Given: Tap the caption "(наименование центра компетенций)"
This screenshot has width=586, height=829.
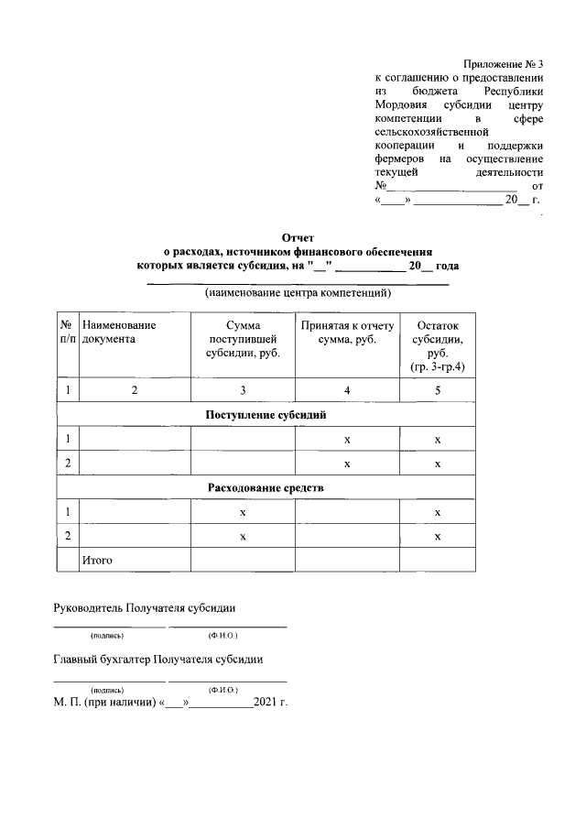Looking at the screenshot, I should point(298,294).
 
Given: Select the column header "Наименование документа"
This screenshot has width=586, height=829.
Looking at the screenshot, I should point(119,332).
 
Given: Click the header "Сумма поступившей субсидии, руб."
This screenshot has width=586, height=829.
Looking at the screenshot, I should point(243,339).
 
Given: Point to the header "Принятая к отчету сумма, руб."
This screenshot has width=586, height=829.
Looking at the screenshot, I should point(347,332).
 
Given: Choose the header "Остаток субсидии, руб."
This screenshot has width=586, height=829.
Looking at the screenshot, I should point(438,345).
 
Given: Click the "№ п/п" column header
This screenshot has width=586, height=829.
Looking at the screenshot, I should point(66,332).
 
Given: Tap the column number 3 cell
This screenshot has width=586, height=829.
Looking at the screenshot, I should point(243,391).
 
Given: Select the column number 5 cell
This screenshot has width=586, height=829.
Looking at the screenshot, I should point(438,391).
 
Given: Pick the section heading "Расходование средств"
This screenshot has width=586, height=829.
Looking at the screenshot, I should point(266,487).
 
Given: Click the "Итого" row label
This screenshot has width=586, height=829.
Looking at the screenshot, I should point(97,559).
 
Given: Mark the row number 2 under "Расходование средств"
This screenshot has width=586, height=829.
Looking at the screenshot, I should point(66,535).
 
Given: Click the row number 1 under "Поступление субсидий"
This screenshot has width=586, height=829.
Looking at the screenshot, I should point(66,440).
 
